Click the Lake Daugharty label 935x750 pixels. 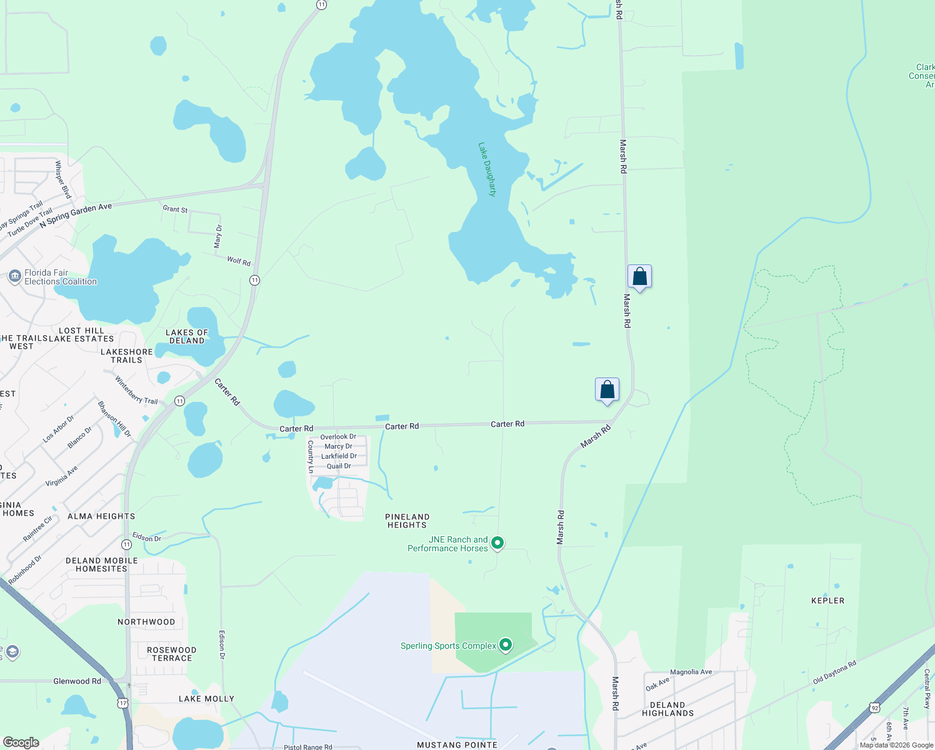point(487,169)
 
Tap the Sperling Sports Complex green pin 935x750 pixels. point(506,644)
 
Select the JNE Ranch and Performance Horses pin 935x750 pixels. point(497,542)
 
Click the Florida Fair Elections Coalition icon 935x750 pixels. point(14,276)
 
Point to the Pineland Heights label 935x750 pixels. point(407,521)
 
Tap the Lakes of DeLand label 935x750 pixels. point(187,336)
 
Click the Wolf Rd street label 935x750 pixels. point(239,261)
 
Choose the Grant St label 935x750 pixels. point(175,209)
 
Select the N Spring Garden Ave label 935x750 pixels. point(76,215)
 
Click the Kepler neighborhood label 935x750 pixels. point(827,601)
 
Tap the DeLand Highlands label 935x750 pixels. point(667,709)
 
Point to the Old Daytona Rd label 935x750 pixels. point(834,672)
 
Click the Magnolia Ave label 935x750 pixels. point(691,672)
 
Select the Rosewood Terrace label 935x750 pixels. point(172,654)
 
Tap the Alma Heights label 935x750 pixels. point(101,516)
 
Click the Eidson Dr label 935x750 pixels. point(147,537)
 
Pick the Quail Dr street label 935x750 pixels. point(339,466)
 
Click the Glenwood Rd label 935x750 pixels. point(77,681)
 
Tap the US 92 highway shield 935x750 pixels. point(874,707)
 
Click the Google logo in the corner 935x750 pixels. point(21,742)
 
